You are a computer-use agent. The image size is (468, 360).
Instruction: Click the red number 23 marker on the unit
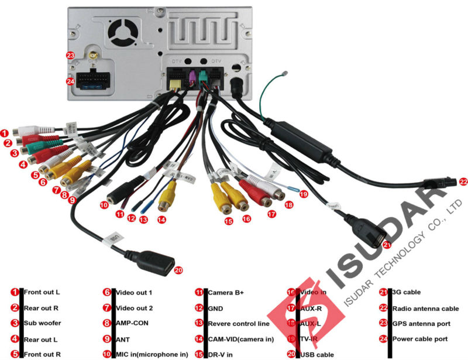point(70,55)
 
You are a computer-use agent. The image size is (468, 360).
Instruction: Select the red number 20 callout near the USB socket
point(178,270)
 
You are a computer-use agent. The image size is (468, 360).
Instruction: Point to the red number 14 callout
point(161,220)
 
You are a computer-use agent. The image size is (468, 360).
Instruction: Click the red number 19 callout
point(302,193)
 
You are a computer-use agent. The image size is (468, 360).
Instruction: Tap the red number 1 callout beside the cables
point(5,132)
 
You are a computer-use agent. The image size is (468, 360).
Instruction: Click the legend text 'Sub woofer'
point(42,323)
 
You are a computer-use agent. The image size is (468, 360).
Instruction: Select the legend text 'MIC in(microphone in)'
point(152,354)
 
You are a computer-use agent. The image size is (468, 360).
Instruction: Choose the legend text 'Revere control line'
point(239,323)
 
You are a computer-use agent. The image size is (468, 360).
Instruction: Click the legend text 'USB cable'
point(317,354)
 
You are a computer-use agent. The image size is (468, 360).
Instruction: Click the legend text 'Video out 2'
point(134,308)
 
